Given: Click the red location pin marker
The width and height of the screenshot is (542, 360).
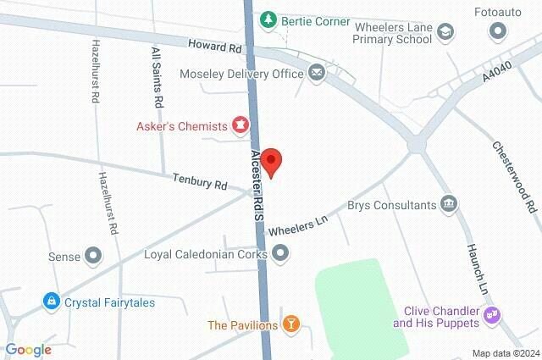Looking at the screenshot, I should point(271,162).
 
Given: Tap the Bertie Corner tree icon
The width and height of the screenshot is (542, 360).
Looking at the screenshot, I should point(268,19).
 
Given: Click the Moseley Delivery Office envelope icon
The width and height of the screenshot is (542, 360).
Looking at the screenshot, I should point(316,74).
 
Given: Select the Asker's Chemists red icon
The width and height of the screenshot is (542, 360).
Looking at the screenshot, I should point(241,126).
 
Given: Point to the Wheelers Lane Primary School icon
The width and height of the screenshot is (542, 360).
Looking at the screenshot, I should point(445,32).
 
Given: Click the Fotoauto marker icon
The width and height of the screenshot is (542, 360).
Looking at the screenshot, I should point(497,32).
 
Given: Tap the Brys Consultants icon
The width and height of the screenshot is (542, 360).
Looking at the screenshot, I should point(450,204).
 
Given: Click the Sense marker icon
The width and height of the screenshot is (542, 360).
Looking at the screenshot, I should point(93,254).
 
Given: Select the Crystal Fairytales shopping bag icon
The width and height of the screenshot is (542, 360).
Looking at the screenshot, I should point(53,301).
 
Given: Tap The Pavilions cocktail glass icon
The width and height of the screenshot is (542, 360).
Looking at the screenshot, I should point(291,324).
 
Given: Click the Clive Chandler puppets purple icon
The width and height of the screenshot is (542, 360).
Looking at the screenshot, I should point(493,316).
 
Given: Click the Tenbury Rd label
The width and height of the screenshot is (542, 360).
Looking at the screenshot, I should point(200,182).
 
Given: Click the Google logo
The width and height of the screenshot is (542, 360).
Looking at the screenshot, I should point(28,350).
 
